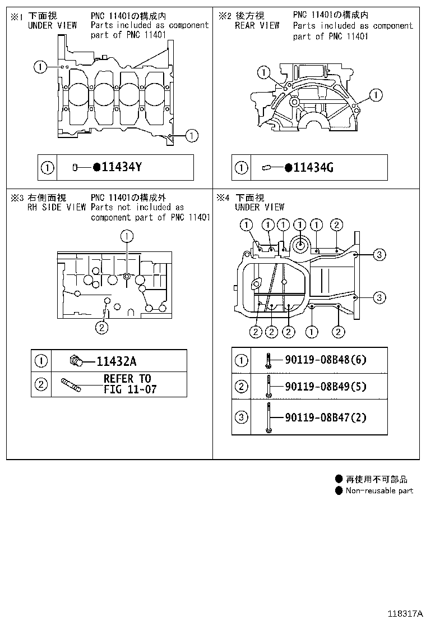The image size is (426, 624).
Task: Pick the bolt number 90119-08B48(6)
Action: (326, 360)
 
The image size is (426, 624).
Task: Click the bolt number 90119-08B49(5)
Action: (326, 386)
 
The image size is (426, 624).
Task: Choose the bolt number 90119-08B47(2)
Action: (326, 417)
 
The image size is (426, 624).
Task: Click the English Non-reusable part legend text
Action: (379, 490)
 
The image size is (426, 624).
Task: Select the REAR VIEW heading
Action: (257, 25)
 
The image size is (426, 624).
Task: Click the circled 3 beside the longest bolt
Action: (241, 417)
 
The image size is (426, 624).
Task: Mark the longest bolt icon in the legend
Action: (269, 417)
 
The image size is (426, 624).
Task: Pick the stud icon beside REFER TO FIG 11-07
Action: (71, 384)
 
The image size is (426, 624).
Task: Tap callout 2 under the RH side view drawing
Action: (101, 327)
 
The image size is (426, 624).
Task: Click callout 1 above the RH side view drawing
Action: (127, 236)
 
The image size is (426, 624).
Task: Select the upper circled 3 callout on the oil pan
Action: (379, 255)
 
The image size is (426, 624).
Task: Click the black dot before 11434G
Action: (288, 167)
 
